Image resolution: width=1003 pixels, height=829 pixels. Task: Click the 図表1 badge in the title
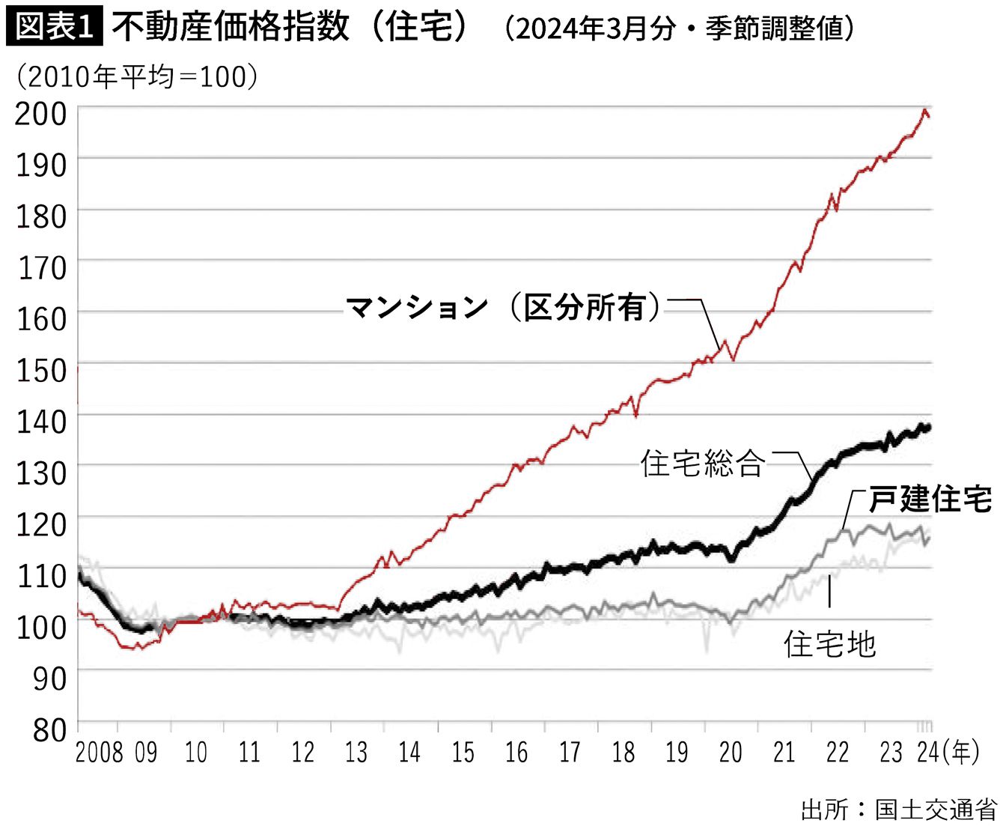(x=54, y=27)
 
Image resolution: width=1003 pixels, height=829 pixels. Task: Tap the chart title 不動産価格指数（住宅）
(x=291, y=27)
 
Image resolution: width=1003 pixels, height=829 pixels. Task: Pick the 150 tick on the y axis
(x=41, y=370)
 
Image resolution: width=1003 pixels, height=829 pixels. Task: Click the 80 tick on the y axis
(x=49, y=729)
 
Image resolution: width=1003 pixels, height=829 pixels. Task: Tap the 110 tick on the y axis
(x=41, y=576)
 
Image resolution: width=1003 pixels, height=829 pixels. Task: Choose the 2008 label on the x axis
(x=100, y=752)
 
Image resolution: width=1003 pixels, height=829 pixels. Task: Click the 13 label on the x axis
(x=356, y=752)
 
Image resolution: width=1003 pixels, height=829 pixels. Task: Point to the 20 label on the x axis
(x=731, y=752)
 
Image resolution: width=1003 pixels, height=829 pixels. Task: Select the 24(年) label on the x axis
(x=948, y=752)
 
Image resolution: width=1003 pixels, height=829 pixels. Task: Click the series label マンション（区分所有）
(x=503, y=307)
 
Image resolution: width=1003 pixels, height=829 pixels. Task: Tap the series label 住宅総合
(x=702, y=464)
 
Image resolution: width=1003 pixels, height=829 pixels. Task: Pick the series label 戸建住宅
(x=930, y=499)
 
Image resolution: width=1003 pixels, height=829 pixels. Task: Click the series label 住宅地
(x=829, y=643)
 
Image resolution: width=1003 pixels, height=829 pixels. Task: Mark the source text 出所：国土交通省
(x=898, y=810)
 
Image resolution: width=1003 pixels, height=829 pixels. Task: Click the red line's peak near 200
(x=925, y=111)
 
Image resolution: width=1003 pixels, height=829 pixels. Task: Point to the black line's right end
(x=928, y=428)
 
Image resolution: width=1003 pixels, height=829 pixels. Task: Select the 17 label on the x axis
(x=570, y=752)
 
